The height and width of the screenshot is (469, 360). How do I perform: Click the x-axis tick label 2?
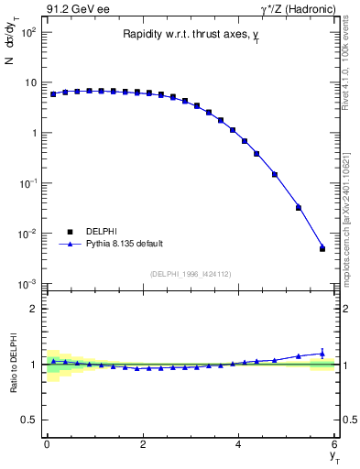[x=143, y=445]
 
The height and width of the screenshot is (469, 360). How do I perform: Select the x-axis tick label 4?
[x=238, y=445]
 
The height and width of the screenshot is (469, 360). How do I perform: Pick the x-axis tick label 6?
[x=334, y=445]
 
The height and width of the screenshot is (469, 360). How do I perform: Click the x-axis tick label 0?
[x=47, y=445]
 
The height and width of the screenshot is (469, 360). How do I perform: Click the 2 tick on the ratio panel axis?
[x=34, y=309]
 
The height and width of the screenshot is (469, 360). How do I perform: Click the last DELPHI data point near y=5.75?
[x=322, y=249]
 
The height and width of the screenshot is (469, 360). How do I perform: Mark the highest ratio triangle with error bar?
[x=322, y=353]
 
